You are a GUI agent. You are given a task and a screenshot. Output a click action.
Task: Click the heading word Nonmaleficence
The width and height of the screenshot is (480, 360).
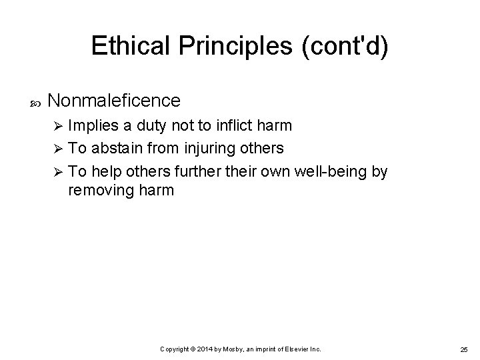pos(114,101)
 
